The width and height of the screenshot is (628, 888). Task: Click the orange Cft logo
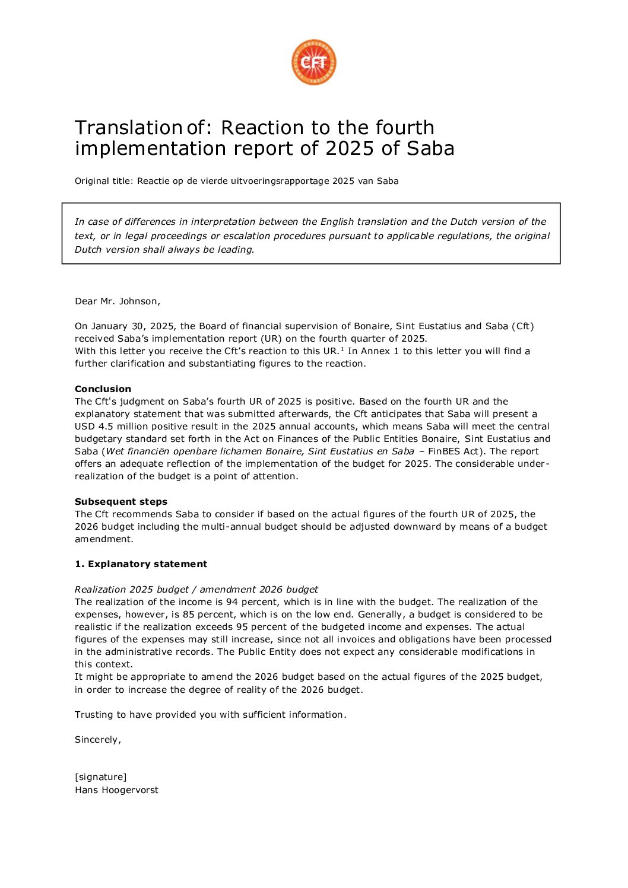click(x=313, y=62)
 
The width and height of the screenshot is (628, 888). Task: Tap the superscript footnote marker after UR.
click(x=342, y=349)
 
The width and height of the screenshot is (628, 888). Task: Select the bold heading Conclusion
click(x=103, y=389)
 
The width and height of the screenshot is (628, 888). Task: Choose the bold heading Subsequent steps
click(x=121, y=502)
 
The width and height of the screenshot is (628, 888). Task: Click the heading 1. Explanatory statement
click(x=141, y=564)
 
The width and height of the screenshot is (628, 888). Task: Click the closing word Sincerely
click(x=97, y=740)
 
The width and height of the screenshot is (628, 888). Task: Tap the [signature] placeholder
click(x=100, y=777)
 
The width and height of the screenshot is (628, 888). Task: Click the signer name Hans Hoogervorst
click(x=116, y=790)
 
